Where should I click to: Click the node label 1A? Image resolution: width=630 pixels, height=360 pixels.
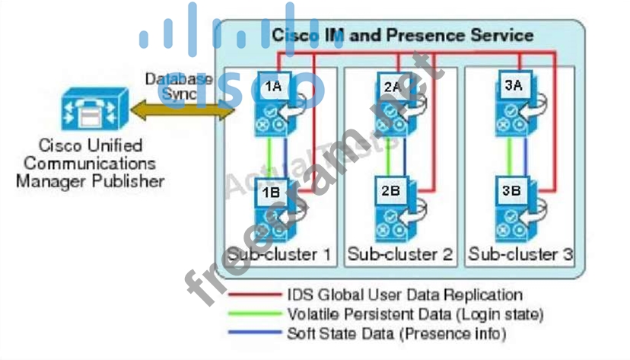273,86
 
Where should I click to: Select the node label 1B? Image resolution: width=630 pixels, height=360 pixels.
271,192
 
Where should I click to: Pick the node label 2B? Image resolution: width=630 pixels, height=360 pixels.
390,191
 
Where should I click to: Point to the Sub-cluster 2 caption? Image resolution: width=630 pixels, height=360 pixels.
400,253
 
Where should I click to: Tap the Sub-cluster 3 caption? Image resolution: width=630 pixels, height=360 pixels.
520,253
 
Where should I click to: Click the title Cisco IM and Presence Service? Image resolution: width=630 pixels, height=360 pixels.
402,35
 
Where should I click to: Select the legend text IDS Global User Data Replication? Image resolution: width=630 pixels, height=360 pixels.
405,294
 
